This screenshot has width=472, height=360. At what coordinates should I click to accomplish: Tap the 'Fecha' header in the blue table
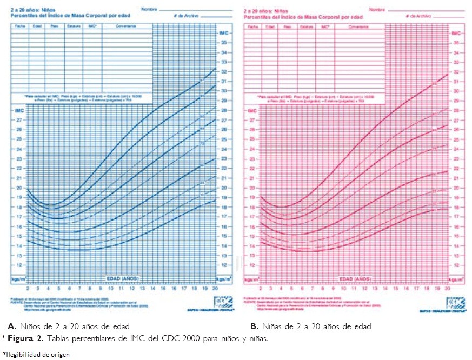point(20,26)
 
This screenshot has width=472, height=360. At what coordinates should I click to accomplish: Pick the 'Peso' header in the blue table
point(55,26)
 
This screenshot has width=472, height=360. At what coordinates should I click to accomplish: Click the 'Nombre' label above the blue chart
point(149,10)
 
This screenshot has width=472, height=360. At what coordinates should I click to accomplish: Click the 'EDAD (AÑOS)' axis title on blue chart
point(123,278)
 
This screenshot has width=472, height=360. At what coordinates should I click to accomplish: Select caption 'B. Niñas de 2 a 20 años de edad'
point(311,326)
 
